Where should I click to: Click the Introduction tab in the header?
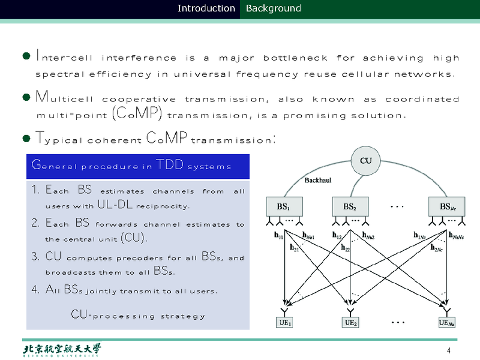click(206, 8)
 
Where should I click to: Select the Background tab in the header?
click(273, 8)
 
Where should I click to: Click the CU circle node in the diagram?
click(365, 161)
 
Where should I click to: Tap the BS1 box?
click(283, 206)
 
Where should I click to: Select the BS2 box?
click(350, 206)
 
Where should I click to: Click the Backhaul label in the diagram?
click(319, 179)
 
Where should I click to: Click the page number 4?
click(448, 350)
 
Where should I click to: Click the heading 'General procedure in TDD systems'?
click(131, 166)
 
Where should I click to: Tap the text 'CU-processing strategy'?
click(138, 315)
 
